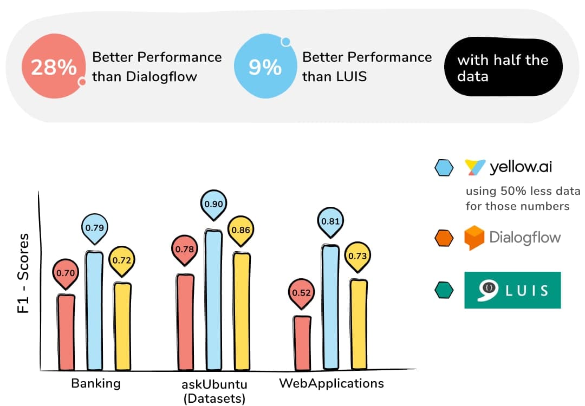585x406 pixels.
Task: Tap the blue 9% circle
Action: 264,68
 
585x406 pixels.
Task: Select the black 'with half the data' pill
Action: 503,68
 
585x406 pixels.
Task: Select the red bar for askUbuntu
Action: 185,322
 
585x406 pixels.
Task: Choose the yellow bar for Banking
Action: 122,326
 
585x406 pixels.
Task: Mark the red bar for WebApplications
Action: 302,343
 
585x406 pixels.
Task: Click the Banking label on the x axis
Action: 95,384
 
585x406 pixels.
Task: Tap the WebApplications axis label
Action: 331,384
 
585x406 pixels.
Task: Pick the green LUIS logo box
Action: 512,290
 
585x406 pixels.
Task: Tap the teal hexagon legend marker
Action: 444,291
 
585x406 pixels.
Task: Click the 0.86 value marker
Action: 240,230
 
